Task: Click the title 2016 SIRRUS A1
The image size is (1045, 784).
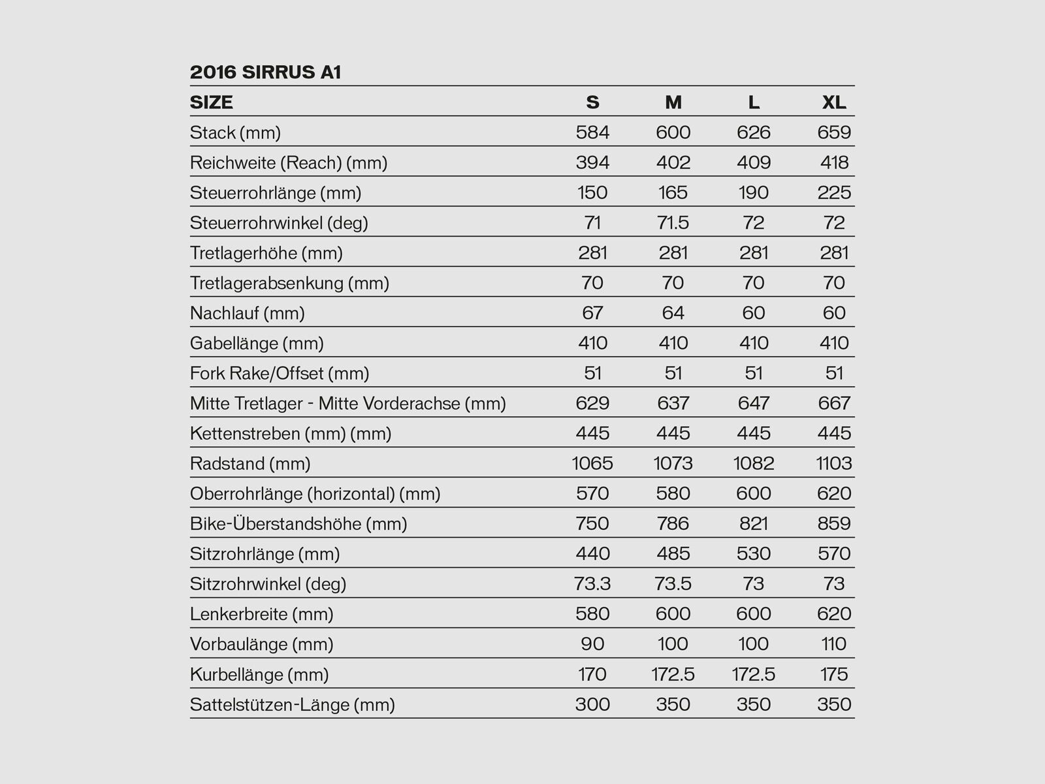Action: pos(265,72)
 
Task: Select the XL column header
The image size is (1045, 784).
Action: pos(834,103)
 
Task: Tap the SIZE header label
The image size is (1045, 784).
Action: pos(211,103)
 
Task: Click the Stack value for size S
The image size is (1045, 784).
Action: pos(592,133)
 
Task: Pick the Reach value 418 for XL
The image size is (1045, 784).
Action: pos(834,163)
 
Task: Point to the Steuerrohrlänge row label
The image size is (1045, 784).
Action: pos(275,193)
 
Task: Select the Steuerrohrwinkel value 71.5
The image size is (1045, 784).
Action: pos(673,223)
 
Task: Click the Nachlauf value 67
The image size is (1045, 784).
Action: pos(592,313)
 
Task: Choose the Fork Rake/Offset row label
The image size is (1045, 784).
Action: pos(279,373)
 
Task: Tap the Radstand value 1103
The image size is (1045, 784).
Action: pos(834,463)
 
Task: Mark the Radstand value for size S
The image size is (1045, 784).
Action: pos(592,463)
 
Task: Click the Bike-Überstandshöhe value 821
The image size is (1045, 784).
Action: pos(754,523)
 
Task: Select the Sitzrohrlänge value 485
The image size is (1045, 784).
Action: pos(673,553)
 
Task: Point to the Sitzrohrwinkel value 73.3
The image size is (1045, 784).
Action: pos(592,583)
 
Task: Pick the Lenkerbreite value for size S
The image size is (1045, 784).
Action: pos(592,613)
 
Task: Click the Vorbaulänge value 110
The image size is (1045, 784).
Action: pos(834,644)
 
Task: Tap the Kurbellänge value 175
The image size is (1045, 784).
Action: pos(834,674)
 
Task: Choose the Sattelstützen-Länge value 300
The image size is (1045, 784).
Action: pos(592,704)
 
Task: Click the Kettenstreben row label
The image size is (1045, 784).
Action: pos(290,433)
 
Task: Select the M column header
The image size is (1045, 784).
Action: pos(673,103)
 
